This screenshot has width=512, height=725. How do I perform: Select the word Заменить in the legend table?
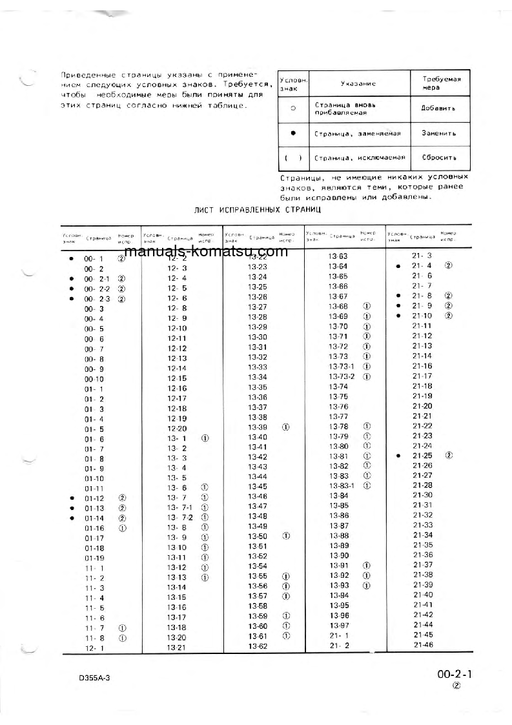pyautogui.click(x=438, y=134)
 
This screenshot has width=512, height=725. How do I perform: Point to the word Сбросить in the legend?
pyautogui.click(x=438, y=157)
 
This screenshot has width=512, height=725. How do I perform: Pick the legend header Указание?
pyautogui.click(x=358, y=83)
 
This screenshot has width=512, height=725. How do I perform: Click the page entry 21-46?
pyautogui.click(x=423, y=645)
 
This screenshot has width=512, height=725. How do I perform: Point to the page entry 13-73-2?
pyautogui.click(x=342, y=376)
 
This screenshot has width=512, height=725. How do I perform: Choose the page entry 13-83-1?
pyautogui.click(x=342, y=485)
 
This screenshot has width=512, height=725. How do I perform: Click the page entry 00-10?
pyautogui.click(x=94, y=379)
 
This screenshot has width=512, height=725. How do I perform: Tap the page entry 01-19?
pyautogui.click(x=94, y=558)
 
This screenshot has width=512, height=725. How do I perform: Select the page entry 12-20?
pyautogui.click(x=177, y=429)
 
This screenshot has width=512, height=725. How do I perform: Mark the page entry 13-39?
pyautogui.click(x=258, y=427)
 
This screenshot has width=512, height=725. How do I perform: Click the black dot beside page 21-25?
pyautogui.click(x=398, y=456)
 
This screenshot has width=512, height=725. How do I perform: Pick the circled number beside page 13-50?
pyautogui.click(x=285, y=536)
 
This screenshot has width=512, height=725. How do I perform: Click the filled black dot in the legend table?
pyautogui.click(x=293, y=133)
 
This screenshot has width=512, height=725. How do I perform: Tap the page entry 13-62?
pyautogui.click(x=258, y=646)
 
